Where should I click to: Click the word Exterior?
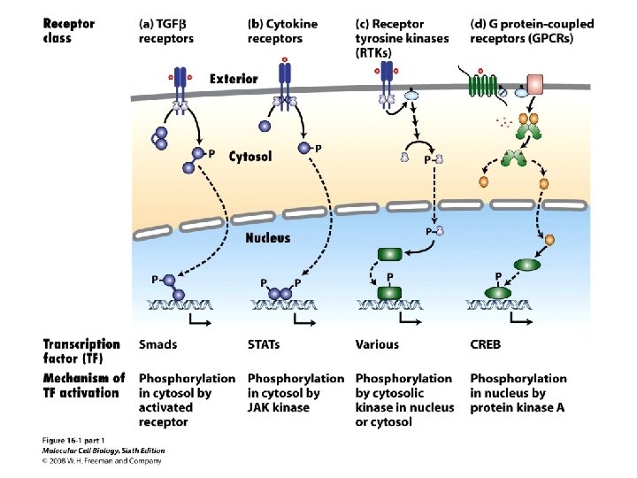(x=234, y=79)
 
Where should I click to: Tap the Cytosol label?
(x=250, y=157)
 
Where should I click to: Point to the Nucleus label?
(x=267, y=238)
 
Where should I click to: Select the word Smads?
(x=157, y=344)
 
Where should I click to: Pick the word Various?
(x=377, y=344)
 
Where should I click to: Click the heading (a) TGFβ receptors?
(x=166, y=31)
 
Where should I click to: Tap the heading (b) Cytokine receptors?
(x=281, y=31)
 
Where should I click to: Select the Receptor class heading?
(x=69, y=31)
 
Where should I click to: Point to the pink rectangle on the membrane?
(x=535, y=84)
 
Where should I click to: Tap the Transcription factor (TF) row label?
(x=81, y=351)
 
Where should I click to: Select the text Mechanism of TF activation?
(x=84, y=385)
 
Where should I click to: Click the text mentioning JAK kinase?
(x=278, y=407)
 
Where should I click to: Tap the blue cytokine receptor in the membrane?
(x=284, y=84)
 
